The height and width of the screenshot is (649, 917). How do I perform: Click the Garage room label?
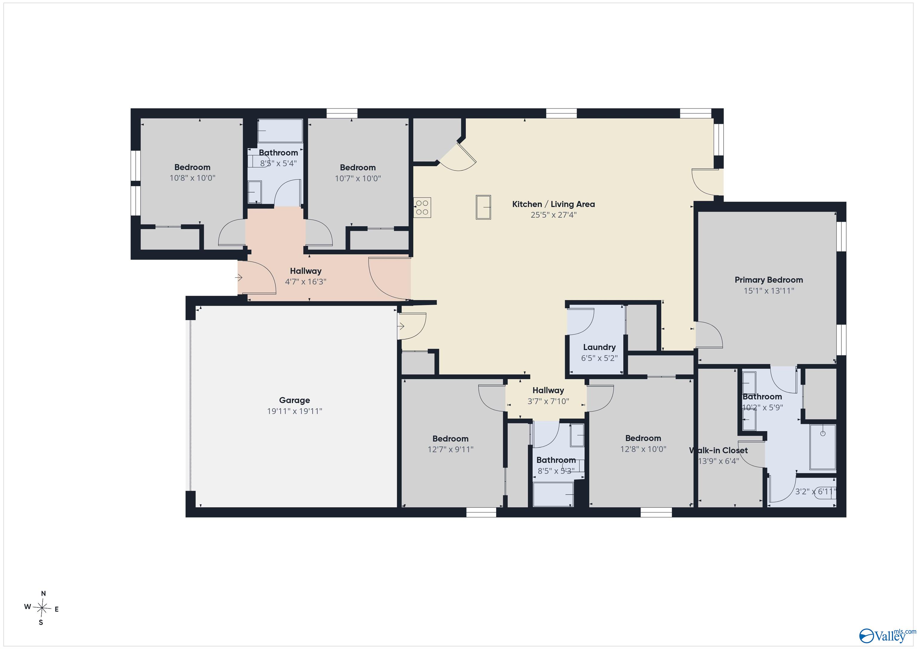tap(294, 400)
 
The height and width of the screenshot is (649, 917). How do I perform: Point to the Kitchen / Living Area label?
tap(553, 204)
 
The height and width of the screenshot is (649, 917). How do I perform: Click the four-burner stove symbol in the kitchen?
tap(422, 208)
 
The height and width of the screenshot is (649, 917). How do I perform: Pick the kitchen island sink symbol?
tap(483, 207)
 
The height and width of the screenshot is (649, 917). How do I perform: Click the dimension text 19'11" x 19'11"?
tap(294, 411)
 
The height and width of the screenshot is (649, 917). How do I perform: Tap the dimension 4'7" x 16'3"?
tap(306, 281)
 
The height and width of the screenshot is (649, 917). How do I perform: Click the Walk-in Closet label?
tap(718, 450)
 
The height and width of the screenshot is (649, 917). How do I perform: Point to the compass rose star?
tap(42, 608)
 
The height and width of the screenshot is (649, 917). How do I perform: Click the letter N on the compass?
tap(44, 593)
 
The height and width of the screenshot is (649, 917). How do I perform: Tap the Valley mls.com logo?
tap(887, 635)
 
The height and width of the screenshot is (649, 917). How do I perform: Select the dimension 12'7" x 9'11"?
tap(450, 449)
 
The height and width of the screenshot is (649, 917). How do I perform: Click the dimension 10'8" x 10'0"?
tap(193, 178)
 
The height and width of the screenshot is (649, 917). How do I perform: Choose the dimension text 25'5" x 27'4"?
tap(553, 215)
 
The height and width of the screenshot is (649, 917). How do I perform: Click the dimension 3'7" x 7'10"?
tap(548, 401)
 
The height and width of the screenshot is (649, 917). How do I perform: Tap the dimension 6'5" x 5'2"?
tap(599, 358)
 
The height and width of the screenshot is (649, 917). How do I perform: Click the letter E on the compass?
tap(57, 610)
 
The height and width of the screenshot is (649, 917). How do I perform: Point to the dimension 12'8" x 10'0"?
tap(643, 449)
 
